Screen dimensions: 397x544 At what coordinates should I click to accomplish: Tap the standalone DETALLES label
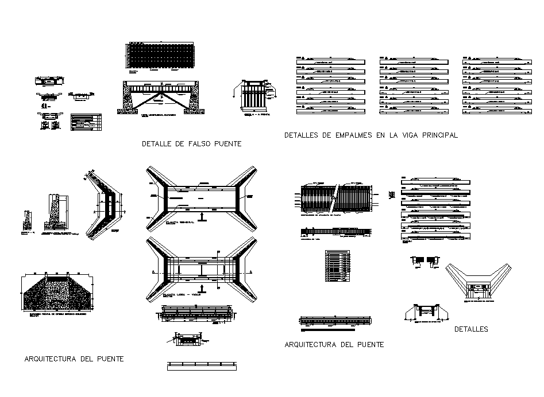click(471, 329)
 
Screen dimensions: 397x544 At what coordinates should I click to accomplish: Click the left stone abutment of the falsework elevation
click(126, 98)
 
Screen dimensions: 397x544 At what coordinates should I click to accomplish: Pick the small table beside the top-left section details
click(86, 122)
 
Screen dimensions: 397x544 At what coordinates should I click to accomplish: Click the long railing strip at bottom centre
click(201, 365)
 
